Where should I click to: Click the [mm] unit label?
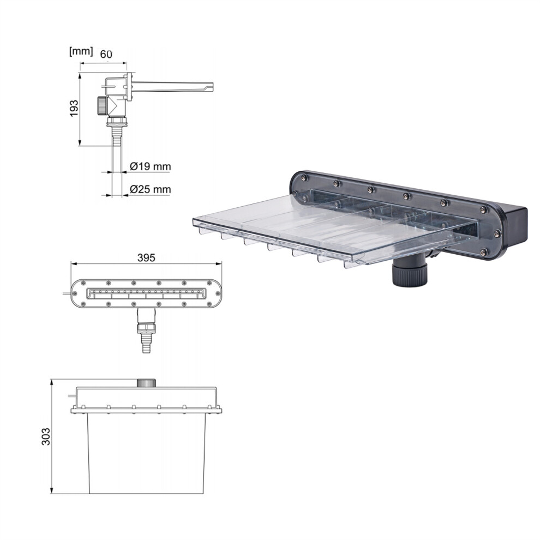(81, 51)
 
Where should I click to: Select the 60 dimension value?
(106, 54)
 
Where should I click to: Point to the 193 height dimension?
(74, 109)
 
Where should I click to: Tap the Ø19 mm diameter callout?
(150, 167)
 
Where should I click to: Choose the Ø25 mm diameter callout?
(150, 189)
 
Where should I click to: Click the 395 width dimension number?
(146, 257)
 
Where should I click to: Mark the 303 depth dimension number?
(46, 437)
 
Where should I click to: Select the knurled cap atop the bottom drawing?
(146, 382)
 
